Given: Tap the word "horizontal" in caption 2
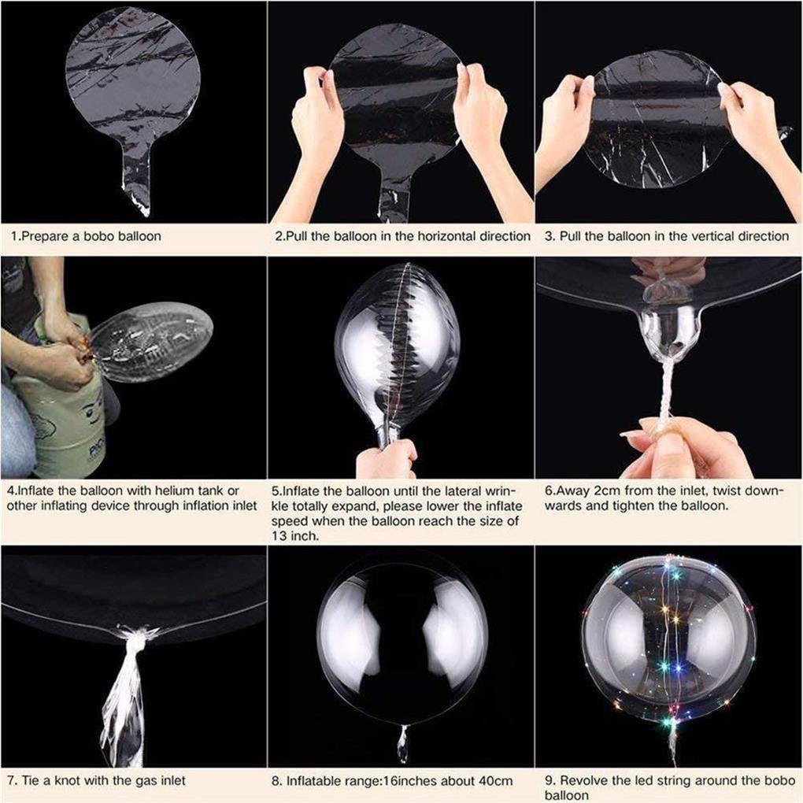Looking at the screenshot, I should [x=431, y=236].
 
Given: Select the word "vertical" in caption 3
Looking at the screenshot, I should [x=690, y=236].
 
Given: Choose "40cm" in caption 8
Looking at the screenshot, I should [x=497, y=781].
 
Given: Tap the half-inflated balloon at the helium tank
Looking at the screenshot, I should [x=154, y=340].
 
